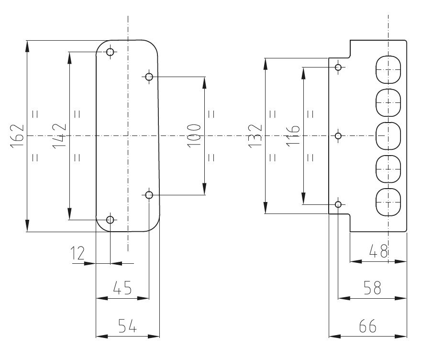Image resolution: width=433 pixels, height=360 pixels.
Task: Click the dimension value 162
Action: pos(17,136)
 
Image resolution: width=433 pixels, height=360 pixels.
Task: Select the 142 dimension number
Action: pos(59,136)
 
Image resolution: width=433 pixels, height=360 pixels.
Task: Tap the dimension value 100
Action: pos(194,136)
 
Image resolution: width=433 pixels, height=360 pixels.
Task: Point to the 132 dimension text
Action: pos(255,136)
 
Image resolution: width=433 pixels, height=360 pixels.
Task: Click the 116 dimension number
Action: pos(293,136)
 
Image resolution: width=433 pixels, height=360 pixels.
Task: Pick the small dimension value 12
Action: pos(78,253)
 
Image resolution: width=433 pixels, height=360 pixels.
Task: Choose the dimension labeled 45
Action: pos(122,288)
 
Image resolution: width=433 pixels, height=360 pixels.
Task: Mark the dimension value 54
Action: pos(127,326)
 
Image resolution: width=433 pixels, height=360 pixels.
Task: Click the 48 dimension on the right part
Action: pos(379,251)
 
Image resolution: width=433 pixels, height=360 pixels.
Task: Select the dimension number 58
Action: pos(372,288)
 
